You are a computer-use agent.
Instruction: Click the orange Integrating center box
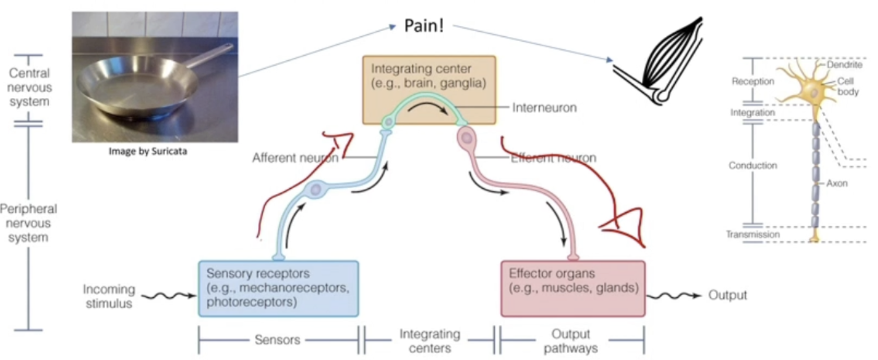click(x=429, y=76)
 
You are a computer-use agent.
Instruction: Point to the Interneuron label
click(x=545, y=108)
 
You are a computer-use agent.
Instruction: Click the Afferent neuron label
click(x=295, y=158)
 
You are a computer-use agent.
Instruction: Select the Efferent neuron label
click(x=553, y=158)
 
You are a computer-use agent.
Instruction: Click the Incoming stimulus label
click(x=108, y=296)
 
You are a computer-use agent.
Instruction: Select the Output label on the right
click(x=728, y=295)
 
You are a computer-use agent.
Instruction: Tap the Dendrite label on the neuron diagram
click(x=845, y=65)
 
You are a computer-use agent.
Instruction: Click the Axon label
click(x=836, y=184)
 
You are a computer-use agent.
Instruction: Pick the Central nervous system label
click(x=29, y=88)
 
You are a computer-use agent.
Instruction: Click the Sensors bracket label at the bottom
click(x=278, y=339)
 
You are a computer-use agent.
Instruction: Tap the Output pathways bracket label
click(x=571, y=341)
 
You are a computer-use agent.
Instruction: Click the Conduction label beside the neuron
click(x=753, y=165)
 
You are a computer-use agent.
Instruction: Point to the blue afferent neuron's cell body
click(x=315, y=190)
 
